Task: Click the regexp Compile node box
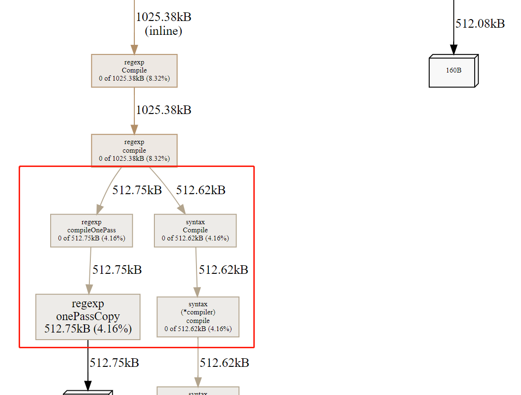134,71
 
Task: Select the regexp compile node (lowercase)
134,150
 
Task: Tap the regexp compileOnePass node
91,230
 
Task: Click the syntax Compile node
195,230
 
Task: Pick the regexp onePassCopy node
88,317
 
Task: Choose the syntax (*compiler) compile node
198,317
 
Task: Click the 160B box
454,71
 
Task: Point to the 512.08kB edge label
480,24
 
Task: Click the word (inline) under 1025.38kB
163,31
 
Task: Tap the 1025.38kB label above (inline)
163,17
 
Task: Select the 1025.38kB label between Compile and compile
163,110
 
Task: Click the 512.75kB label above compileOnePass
137,190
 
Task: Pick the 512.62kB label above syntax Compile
201,190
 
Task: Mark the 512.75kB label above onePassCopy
117,270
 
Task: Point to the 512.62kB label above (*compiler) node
223,270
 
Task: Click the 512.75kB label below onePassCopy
114,363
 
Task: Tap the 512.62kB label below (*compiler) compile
224,363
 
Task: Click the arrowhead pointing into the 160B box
454,50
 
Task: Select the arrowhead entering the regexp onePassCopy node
88,289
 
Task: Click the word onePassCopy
88,316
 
